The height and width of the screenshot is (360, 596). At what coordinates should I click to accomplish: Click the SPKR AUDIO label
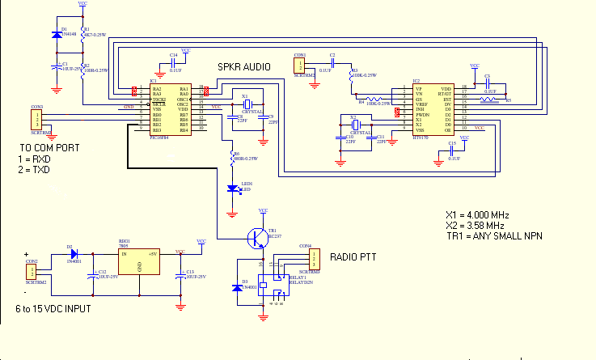[244, 66]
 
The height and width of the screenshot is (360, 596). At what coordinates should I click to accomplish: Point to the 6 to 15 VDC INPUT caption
[53, 309]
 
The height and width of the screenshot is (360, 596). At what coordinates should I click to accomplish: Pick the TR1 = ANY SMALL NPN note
[493, 235]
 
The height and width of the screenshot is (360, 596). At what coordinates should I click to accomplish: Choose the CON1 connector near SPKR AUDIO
[300, 65]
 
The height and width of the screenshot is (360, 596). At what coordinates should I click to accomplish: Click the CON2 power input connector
[32, 272]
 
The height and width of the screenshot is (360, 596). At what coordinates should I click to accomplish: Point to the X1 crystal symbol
[248, 104]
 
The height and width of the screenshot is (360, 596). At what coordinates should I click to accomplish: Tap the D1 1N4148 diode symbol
[53, 35]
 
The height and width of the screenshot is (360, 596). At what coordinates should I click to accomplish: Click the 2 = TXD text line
[34, 171]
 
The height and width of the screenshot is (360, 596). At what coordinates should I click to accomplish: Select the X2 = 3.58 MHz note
[476, 225]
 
